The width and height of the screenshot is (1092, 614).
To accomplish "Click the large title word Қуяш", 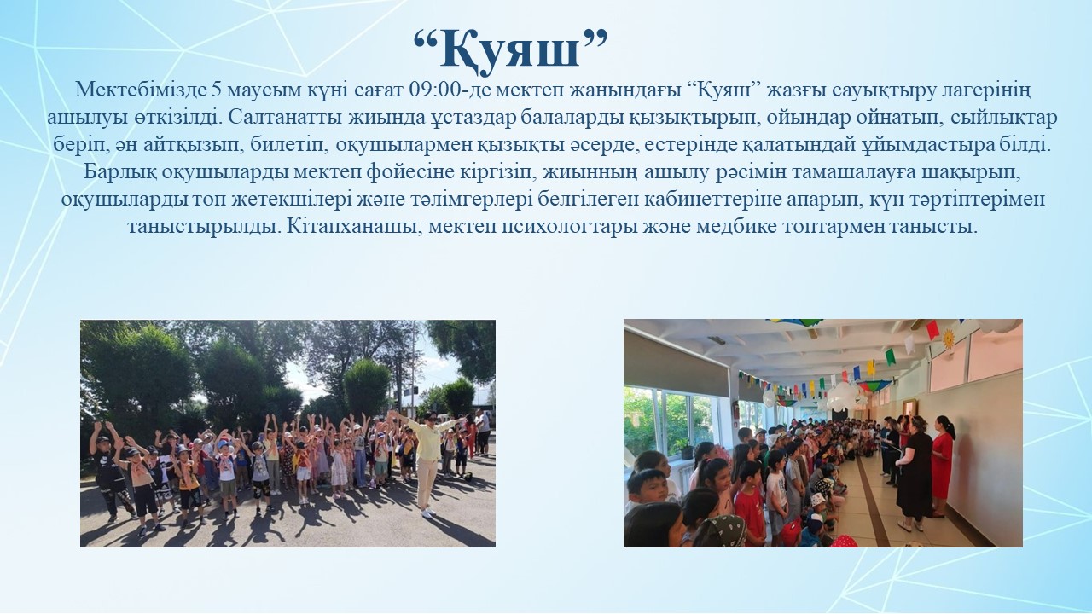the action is click(x=510, y=49).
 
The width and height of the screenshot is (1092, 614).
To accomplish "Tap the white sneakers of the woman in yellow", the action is click(x=427, y=512).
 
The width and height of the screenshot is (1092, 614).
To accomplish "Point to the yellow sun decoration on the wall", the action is click(x=948, y=339).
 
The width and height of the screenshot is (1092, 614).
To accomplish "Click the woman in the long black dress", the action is click(x=914, y=472).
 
